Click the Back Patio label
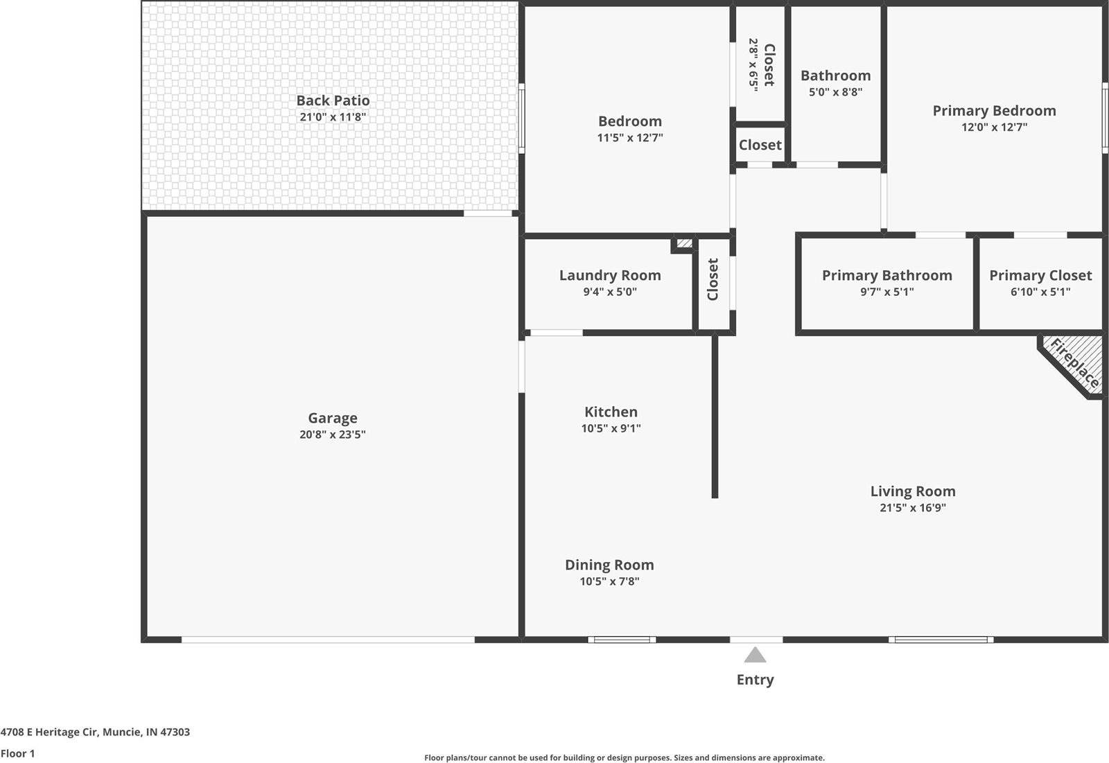333,100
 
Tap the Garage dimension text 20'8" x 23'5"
333,435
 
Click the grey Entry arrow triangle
755,655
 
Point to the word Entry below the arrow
755,680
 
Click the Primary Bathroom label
887,275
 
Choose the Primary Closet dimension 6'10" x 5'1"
1040,292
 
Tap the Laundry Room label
610,275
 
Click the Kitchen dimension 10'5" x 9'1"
611,428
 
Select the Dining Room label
609,565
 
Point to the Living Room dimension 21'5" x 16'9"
913,507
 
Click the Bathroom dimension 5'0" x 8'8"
835,91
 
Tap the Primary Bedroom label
994,111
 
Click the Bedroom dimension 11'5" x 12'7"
630,137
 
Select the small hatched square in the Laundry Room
684,244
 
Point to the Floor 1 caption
18,753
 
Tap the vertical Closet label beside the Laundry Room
713,279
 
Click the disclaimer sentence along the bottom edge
624,757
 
